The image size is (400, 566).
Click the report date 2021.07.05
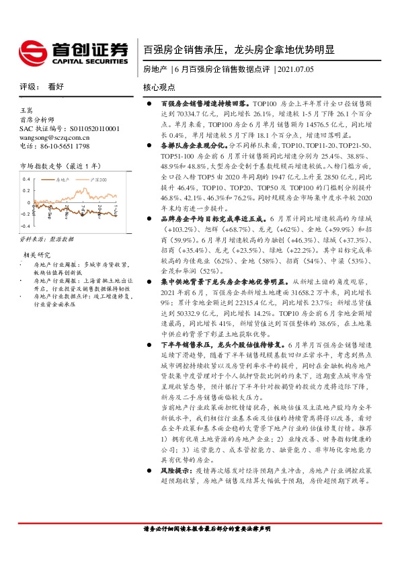tap(296, 69)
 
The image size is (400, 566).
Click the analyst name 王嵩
tap(26, 110)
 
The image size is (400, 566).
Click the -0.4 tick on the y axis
tap(25, 225)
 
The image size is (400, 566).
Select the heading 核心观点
tap(159, 87)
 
